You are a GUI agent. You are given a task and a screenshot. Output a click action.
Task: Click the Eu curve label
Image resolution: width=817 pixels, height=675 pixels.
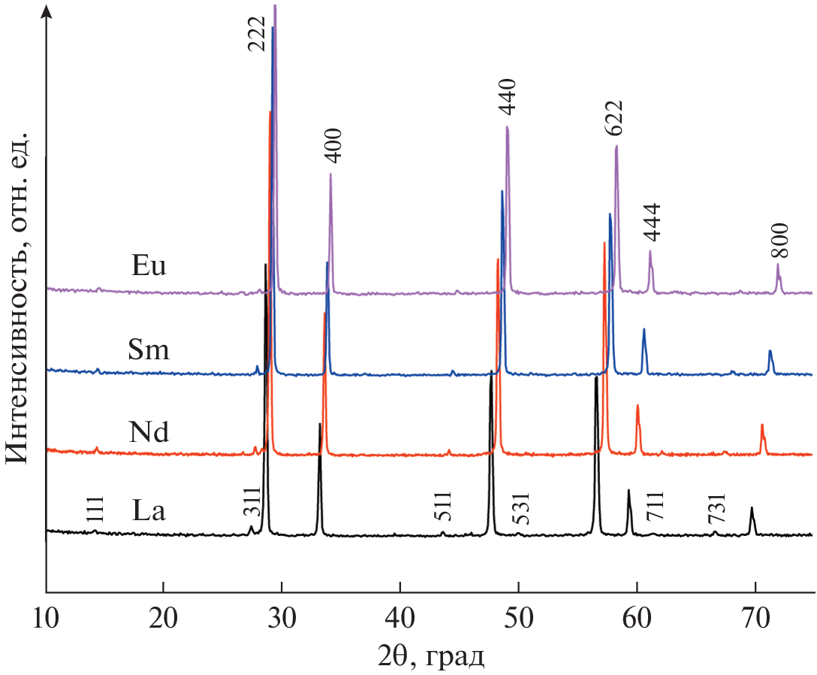point(147,267)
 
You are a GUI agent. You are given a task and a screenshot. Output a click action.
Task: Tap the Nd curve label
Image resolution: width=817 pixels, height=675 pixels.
point(148,432)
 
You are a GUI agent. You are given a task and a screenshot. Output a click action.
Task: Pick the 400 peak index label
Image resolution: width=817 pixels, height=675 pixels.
point(333,146)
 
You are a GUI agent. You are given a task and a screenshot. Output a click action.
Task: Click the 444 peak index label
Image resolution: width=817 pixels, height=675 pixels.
point(651,222)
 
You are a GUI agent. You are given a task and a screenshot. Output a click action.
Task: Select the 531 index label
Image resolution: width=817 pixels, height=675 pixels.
point(520,508)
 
